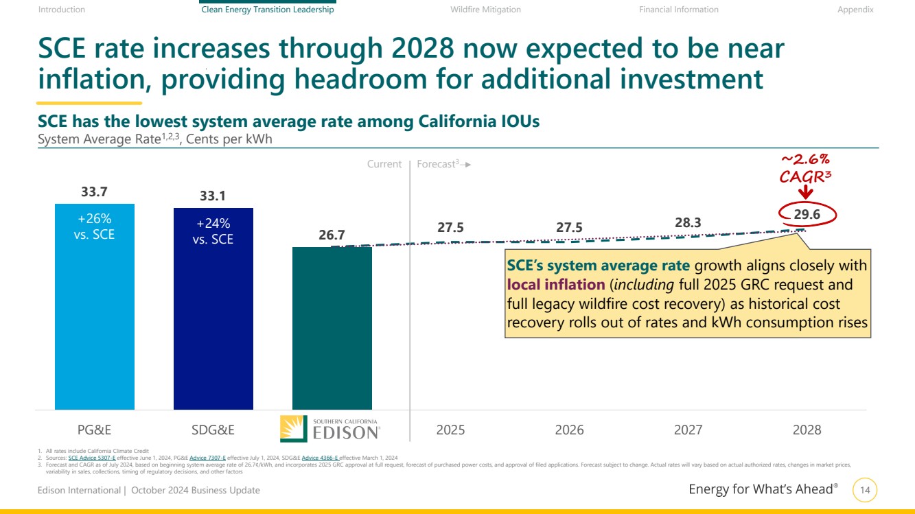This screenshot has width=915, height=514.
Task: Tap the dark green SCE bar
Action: point(332,329)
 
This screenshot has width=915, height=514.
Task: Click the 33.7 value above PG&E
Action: point(95,191)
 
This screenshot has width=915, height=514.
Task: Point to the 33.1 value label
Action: point(213,196)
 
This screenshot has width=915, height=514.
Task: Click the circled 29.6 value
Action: point(807,215)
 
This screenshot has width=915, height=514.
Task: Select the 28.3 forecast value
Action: point(688,222)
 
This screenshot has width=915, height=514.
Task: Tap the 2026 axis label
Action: point(569,430)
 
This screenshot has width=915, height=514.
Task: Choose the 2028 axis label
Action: point(807,430)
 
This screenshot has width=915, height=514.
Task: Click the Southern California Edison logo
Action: point(330,429)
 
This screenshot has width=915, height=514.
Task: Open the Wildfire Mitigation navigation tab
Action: point(485,10)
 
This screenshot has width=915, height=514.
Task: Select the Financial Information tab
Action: point(678,10)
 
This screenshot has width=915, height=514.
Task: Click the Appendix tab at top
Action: point(855,10)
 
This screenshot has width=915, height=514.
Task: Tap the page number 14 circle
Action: point(865,490)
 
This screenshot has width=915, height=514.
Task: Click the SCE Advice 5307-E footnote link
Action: point(92,457)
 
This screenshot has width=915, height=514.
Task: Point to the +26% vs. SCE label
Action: point(95,226)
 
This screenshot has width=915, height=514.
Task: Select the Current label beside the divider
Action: point(384,164)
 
